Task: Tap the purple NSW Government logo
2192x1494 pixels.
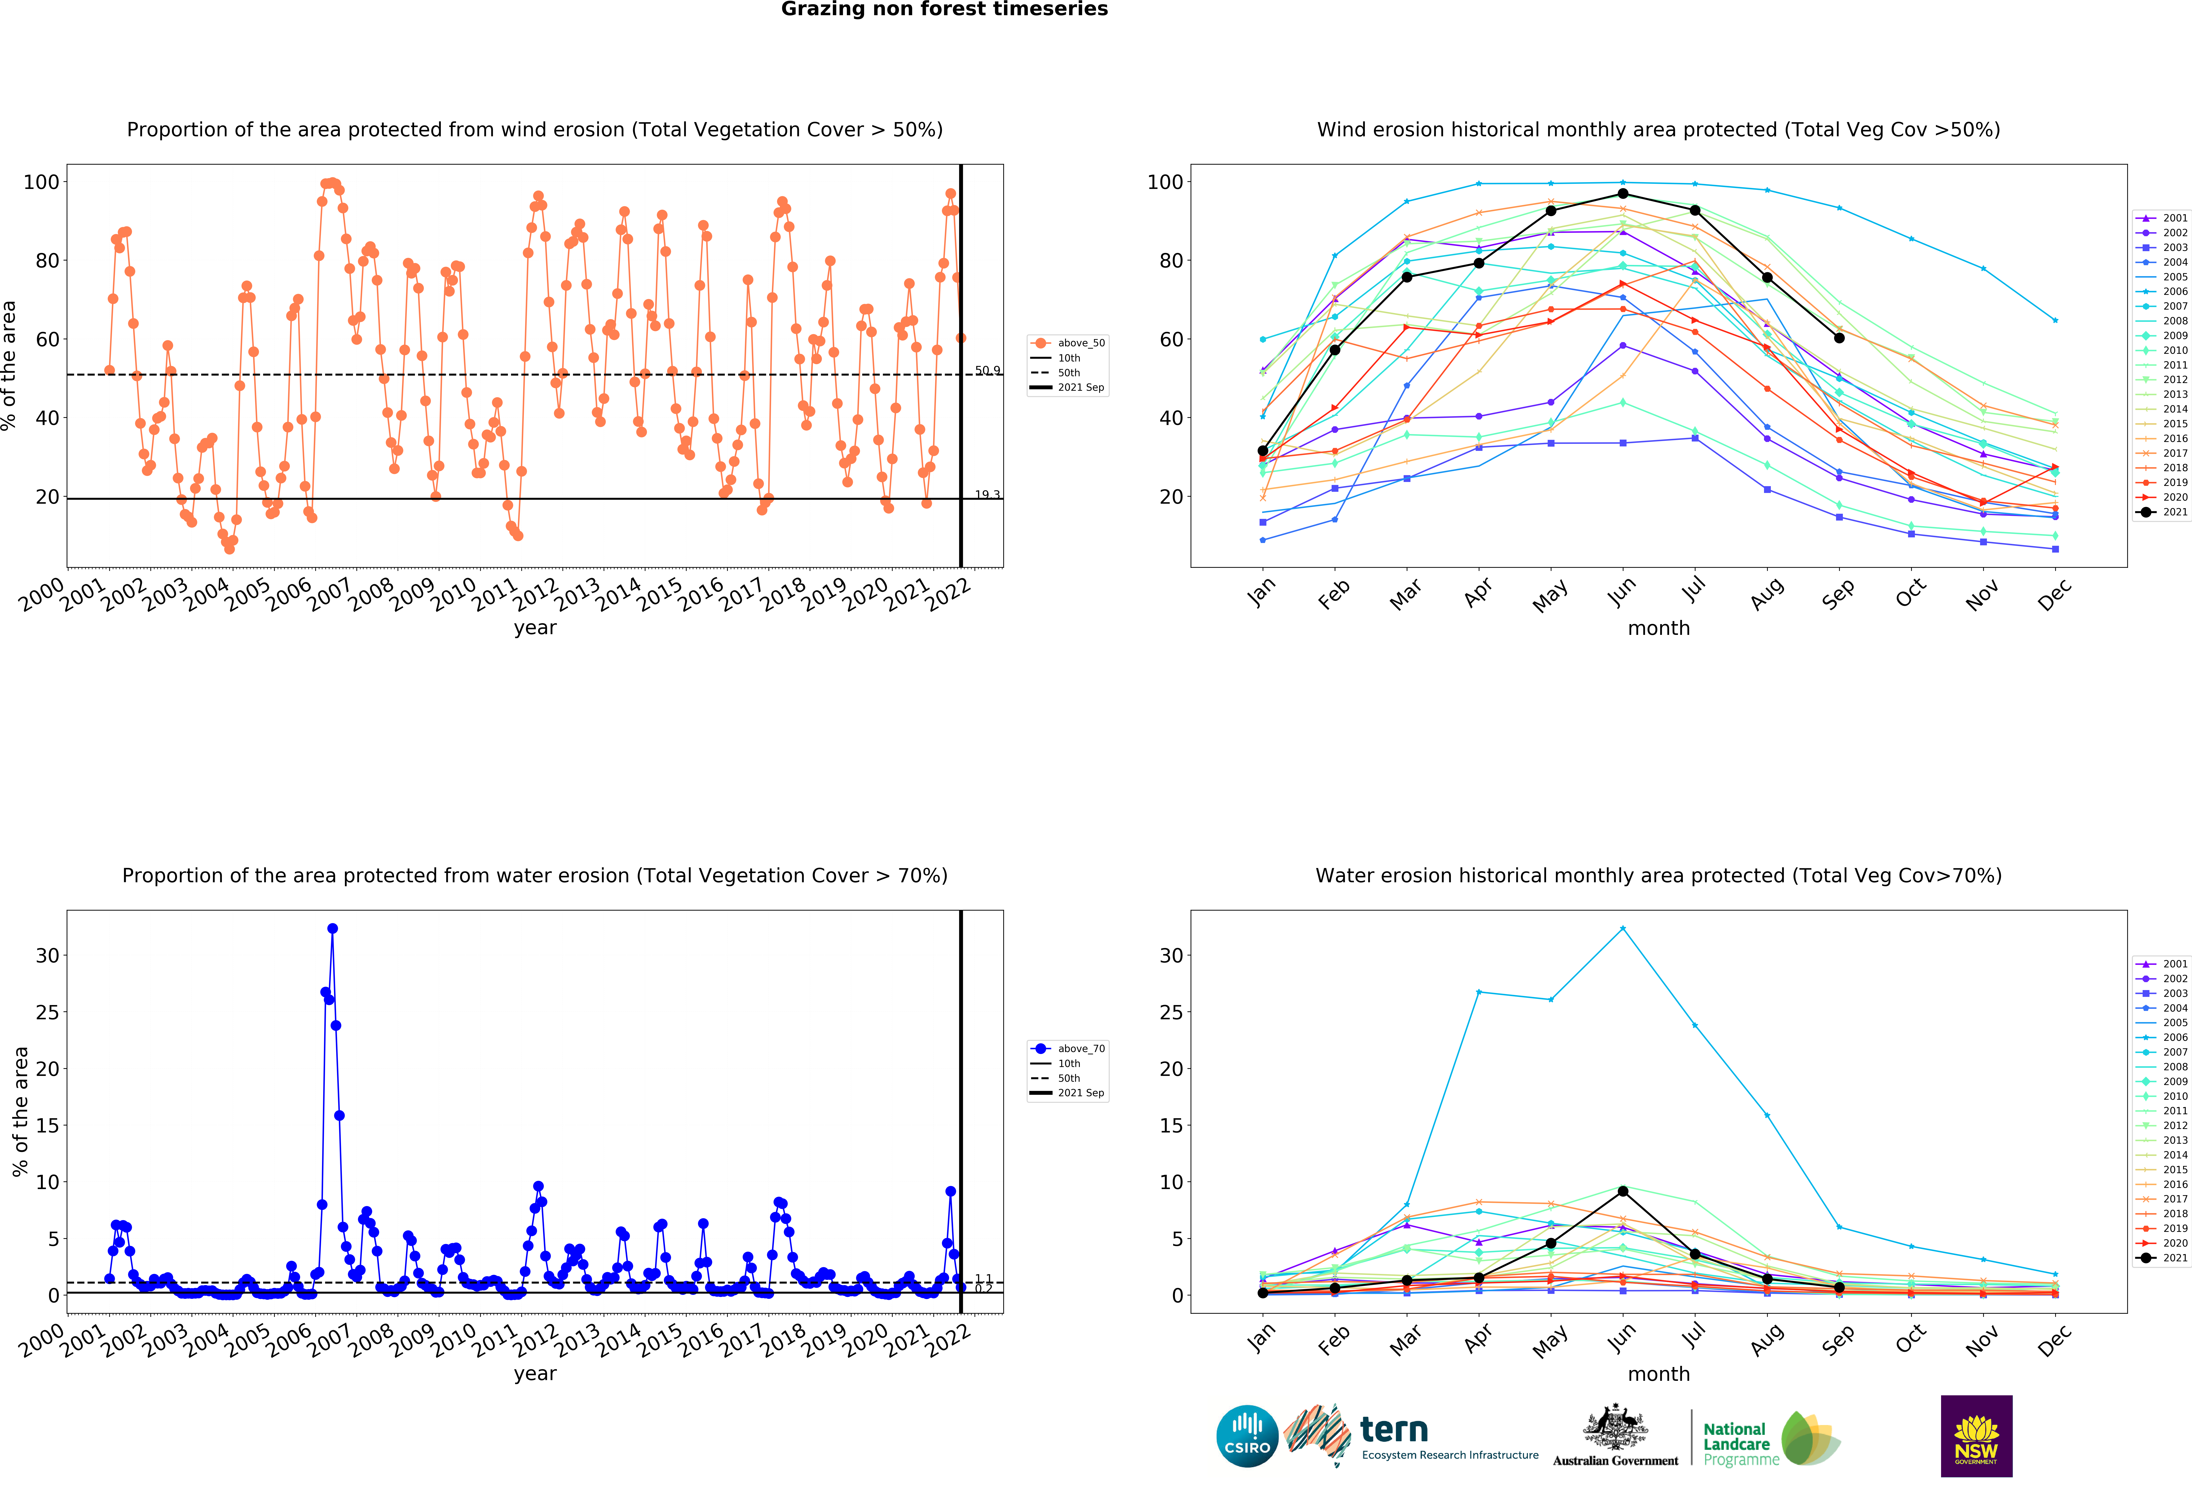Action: (x=1976, y=1436)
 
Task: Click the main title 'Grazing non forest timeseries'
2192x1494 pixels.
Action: (x=944, y=9)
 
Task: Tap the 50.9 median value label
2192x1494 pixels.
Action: (x=987, y=371)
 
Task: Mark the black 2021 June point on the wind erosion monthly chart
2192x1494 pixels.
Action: (x=1622, y=194)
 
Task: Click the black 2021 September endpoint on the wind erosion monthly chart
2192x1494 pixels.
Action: (x=1839, y=338)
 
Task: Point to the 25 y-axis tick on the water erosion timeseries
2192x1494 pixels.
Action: (x=47, y=1012)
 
